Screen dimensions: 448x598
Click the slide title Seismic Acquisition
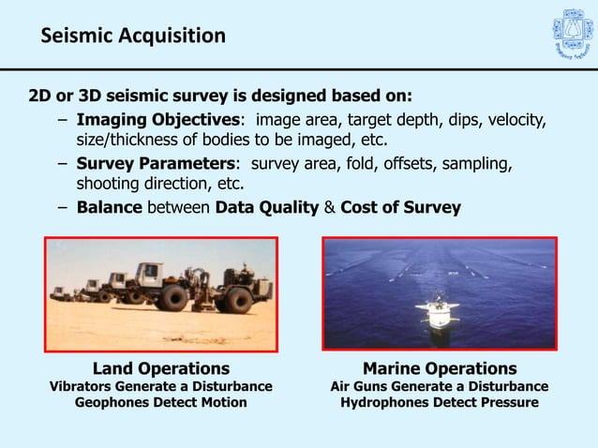tap(133, 37)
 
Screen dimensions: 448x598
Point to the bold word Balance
tap(109, 207)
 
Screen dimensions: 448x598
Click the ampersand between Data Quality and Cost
tap(329, 207)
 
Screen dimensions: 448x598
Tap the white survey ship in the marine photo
tap(439, 314)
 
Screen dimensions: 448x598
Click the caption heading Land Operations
tap(161, 368)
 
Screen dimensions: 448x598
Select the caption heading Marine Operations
tap(440, 368)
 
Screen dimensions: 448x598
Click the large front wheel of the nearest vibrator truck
tap(172, 299)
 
